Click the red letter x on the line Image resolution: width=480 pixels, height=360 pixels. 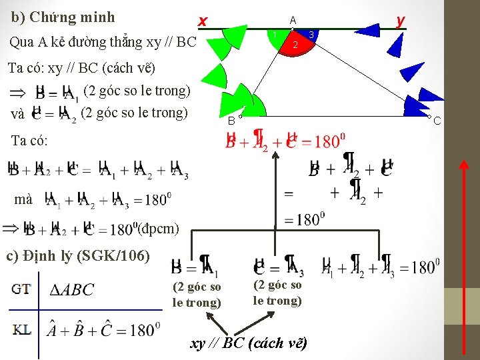point(203,22)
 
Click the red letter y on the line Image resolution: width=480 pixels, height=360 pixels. point(399,21)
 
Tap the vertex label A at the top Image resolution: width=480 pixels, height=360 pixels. point(293,20)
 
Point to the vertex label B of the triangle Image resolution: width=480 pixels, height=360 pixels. point(231,121)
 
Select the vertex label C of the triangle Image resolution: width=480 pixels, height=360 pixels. point(437,121)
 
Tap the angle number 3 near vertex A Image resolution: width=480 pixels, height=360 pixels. point(311,33)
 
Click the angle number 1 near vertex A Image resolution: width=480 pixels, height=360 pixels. point(275,34)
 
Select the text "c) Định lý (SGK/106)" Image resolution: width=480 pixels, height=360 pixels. point(77,255)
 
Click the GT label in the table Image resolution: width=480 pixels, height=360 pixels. point(21,289)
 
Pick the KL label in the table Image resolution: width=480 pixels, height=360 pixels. point(21,329)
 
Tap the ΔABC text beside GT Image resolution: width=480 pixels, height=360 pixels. point(72,290)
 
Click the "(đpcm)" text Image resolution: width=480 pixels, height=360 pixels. point(158,229)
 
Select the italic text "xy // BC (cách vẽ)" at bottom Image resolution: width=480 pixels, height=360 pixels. point(249,344)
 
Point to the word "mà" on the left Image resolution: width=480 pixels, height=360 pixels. point(23,199)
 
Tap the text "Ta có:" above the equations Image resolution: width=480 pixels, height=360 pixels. point(29,141)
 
